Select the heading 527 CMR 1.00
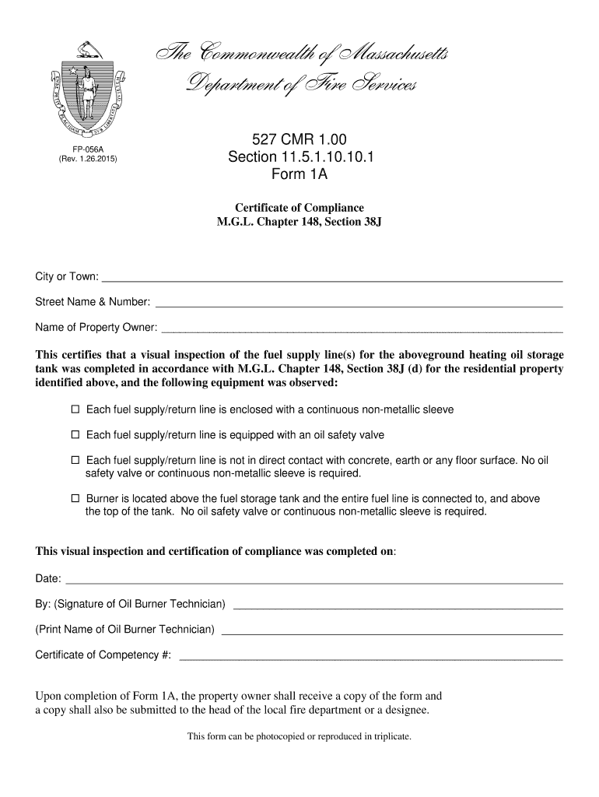(x=299, y=141)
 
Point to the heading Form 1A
(x=299, y=175)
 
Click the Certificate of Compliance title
(x=299, y=208)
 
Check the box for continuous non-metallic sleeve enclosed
(x=75, y=409)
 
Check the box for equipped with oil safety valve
(x=75, y=435)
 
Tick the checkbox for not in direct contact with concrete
(x=75, y=461)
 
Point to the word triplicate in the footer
(x=390, y=736)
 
